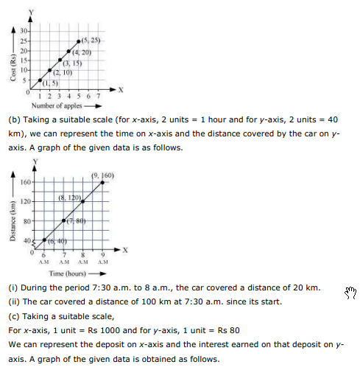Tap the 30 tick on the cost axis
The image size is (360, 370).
coord(24,30)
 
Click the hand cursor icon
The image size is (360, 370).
coord(350,294)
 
